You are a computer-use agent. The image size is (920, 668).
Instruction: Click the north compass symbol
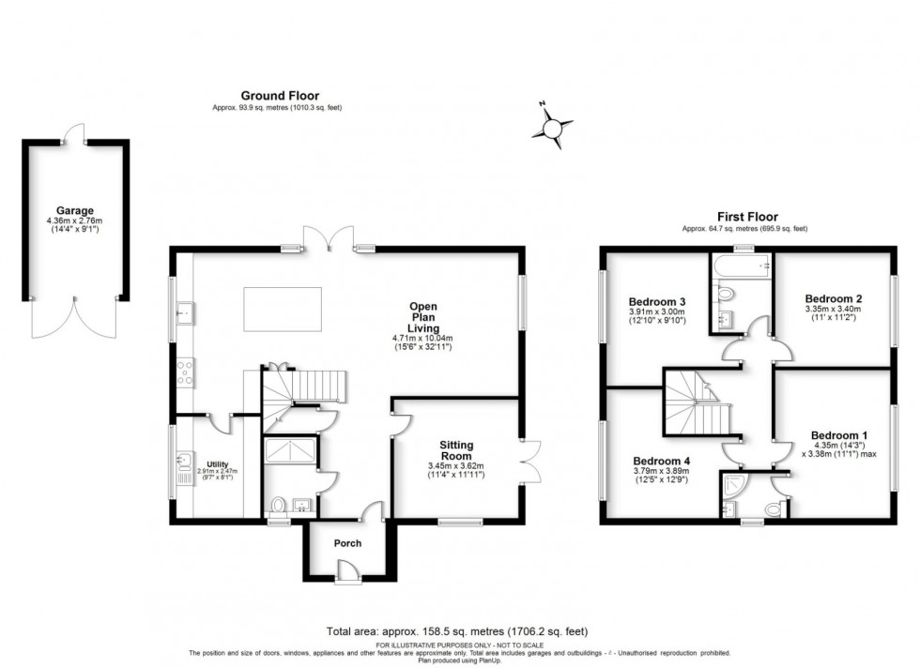[555, 126]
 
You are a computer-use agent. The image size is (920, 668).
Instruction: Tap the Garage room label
[74, 211]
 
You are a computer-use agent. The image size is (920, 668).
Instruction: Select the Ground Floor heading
[280, 95]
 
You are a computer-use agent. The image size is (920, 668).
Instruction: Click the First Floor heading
[747, 217]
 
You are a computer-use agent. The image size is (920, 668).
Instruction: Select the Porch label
[347, 543]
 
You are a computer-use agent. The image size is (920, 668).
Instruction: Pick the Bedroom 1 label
[838, 435]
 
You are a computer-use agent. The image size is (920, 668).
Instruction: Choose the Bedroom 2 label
[833, 299]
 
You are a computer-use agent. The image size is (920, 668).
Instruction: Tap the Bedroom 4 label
[661, 462]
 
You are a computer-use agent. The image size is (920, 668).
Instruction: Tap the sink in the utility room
[184, 461]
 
